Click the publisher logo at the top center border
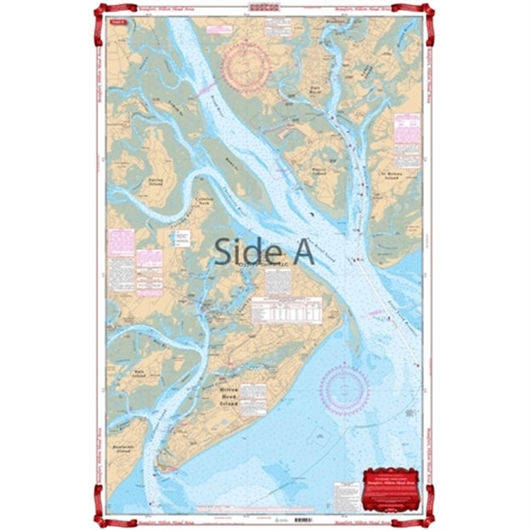[x=264, y=7]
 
